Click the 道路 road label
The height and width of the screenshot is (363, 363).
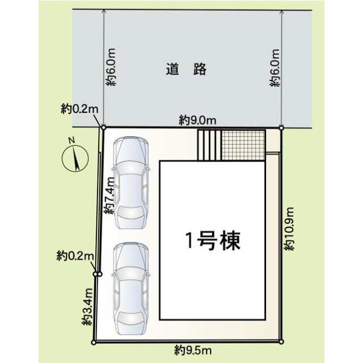(x=186, y=69)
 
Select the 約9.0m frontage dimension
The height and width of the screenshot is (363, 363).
(x=197, y=120)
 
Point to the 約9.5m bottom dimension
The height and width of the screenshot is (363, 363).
(x=193, y=351)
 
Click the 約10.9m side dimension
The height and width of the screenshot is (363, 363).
(x=289, y=229)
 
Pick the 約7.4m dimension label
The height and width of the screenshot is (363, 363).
(x=109, y=196)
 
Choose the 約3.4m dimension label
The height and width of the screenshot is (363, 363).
(x=87, y=307)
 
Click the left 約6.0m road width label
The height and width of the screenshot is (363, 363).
(x=111, y=67)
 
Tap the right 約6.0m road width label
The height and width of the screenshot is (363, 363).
(x=275, y=68)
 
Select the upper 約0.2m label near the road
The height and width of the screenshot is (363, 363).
(x=79, y=109)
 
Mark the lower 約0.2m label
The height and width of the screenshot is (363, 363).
(x=75, y=256)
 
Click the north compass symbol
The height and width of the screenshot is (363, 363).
(x=75, y=159)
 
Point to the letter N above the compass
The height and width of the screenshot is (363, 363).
(x=72, y=140)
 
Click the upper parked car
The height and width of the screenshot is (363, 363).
(x=131, y=183)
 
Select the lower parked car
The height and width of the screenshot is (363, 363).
(x=131, y=289)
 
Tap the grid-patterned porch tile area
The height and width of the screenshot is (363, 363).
(x=243, y=145)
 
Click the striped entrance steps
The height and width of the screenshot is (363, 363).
(x=209, y=145)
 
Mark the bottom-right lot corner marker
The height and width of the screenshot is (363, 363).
(x=281, y=341)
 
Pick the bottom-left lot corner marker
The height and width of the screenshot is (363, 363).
(x=94, y=343)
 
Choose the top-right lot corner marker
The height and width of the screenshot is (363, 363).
(x=281, y=128)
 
